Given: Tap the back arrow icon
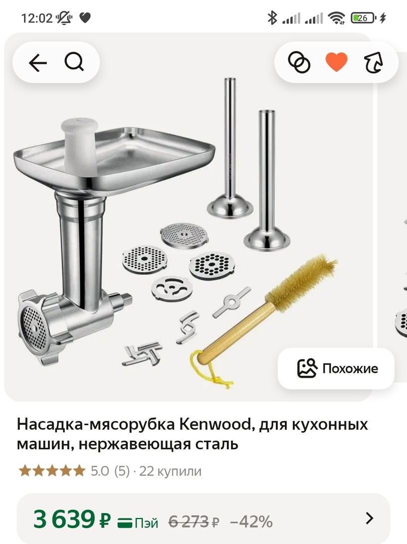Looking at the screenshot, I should pos(37,63).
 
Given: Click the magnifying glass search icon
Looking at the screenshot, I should pos(74,62).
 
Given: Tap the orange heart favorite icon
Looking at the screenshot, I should pos(336,62).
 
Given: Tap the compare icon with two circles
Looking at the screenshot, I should pos(299,63).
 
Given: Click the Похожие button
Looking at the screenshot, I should pos(336,368).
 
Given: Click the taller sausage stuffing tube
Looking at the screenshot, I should pos(230,150).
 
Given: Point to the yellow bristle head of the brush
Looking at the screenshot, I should pos(302,282).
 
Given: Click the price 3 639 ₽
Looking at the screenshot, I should pos(71,520).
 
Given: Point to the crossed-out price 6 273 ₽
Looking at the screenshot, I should pos(194,522).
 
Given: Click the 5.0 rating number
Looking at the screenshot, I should pos(100,471).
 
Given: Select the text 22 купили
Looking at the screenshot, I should pos(170,471).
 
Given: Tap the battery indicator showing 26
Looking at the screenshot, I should pos(362,18).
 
